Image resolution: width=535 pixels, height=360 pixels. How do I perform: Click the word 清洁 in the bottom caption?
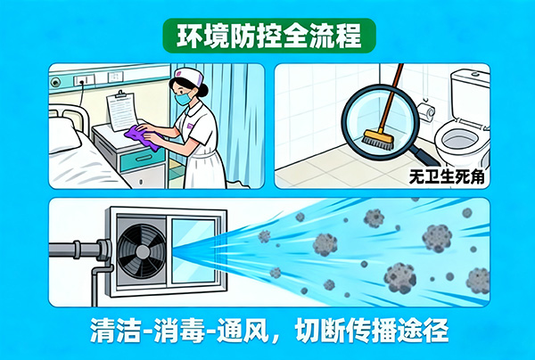(x=112, y=329)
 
